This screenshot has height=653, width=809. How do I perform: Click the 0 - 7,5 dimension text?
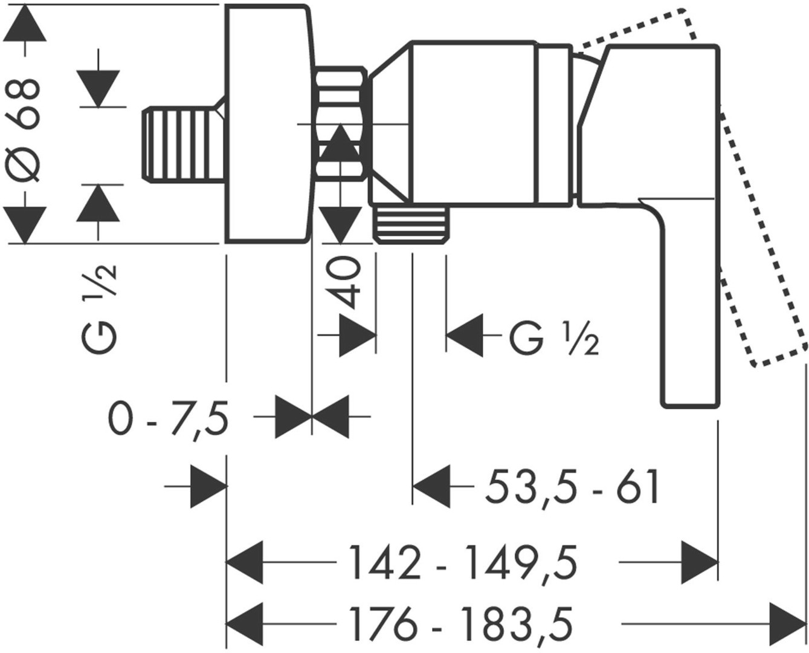tap(169, 418)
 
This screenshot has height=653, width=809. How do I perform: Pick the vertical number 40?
tap(346, 281)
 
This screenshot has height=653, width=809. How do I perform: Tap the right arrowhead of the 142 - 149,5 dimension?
tap(701, 562)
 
